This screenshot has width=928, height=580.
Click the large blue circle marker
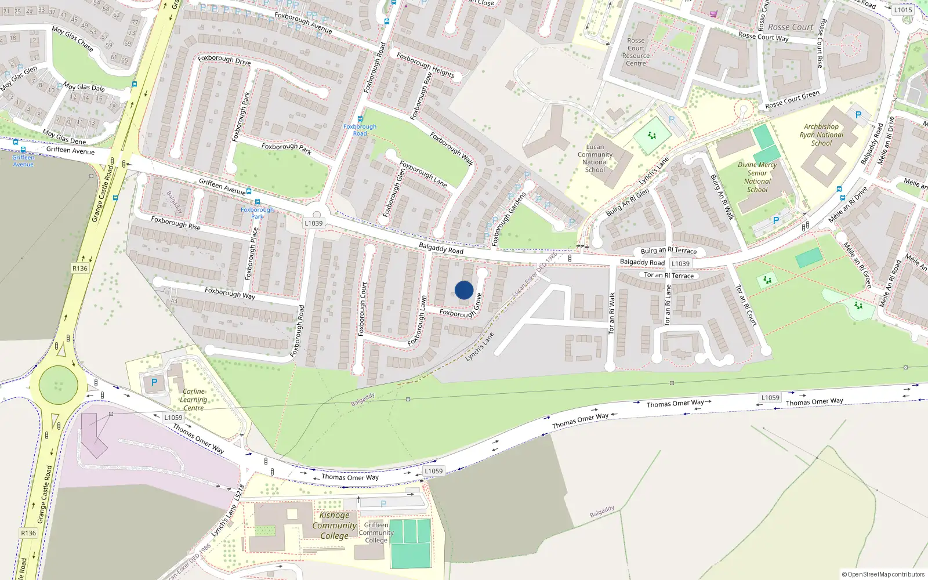(464, 290)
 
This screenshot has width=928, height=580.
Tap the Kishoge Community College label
(335, 525)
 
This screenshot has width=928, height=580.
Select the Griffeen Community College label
(376, 532)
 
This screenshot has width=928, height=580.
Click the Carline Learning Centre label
(193, 400)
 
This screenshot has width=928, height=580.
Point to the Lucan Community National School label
(595, 158)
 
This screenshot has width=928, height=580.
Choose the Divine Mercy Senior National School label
(757, 177)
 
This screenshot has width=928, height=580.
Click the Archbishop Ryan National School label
(821, 135)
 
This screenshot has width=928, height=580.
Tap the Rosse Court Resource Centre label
(636, 52)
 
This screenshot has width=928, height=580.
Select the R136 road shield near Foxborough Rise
(80, 269)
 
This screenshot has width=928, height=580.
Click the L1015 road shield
(903, 10)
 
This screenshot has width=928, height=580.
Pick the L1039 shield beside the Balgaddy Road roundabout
(313, 223)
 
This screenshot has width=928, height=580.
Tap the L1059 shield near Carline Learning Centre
(173, 418)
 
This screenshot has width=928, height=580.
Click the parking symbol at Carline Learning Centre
(154, 382)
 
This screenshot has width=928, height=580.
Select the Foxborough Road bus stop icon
(360, 119)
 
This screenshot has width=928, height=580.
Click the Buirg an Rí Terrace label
(669, 251)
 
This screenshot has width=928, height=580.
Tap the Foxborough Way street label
(230, 293)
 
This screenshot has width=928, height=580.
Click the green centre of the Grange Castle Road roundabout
(58, 384)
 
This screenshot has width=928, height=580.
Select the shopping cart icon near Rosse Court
(713, 14)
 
